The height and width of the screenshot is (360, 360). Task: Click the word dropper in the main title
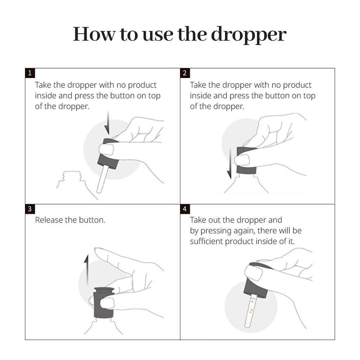[249, 35]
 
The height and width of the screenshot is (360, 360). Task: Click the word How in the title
[94, 34]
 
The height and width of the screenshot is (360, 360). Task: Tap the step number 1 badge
[30, 73]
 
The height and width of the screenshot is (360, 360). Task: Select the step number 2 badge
[185, 73]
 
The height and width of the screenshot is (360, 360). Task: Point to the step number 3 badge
[30, 209]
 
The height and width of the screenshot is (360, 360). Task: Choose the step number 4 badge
[185, 209]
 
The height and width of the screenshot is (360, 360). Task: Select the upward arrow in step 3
[86, 270]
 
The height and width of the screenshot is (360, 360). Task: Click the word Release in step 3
[49, 220]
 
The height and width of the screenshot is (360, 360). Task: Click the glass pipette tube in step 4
[250, 310]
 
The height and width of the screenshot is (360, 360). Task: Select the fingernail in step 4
[254, 272]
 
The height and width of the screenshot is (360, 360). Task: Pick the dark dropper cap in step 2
[246, 160]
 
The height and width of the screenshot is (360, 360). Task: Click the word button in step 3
[92, 220]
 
